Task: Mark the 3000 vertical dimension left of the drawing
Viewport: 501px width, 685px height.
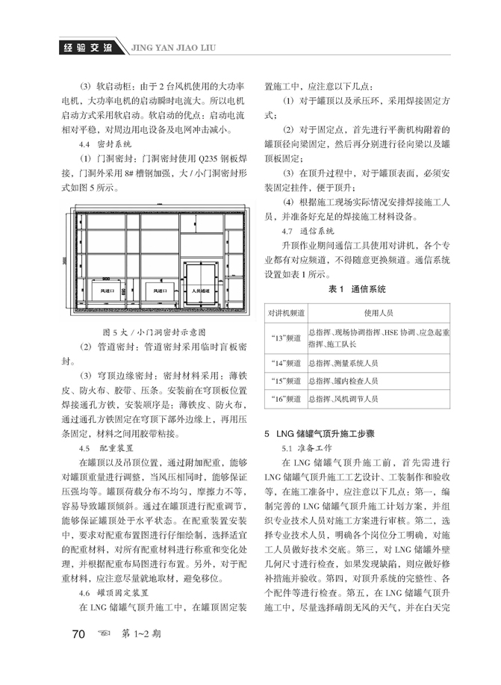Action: (x=65, y=258)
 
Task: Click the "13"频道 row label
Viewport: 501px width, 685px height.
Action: (x=285, y=337)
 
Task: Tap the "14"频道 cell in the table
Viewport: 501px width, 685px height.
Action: (x=285, y=363)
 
